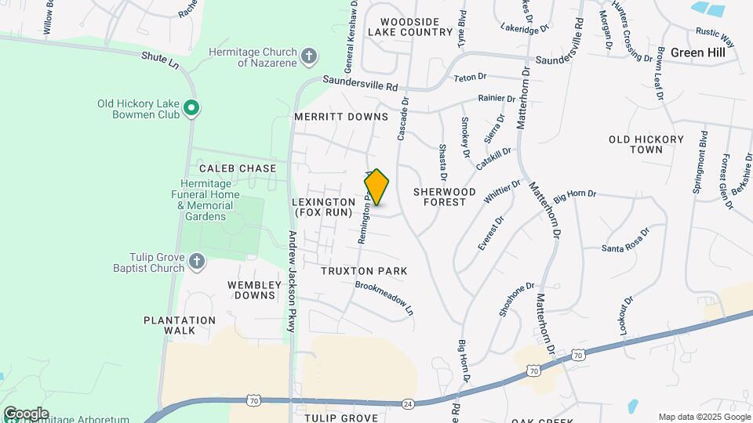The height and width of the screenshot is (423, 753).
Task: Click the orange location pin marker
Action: [376, 187]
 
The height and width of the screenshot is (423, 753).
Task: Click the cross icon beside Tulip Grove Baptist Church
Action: [196, 261]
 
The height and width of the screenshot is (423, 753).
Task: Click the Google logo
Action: [25, 414]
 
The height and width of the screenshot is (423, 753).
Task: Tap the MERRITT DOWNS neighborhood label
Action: [341, 117]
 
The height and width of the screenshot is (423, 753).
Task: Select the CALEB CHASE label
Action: [238, 168]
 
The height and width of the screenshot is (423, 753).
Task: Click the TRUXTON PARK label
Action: [364, 271]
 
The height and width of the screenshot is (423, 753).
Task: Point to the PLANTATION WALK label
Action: [180, 325]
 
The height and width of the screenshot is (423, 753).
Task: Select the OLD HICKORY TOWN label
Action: [646, 144]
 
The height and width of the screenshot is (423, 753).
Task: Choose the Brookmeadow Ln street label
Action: [384, 298]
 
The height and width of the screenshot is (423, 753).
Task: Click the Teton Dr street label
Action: [471, 78]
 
